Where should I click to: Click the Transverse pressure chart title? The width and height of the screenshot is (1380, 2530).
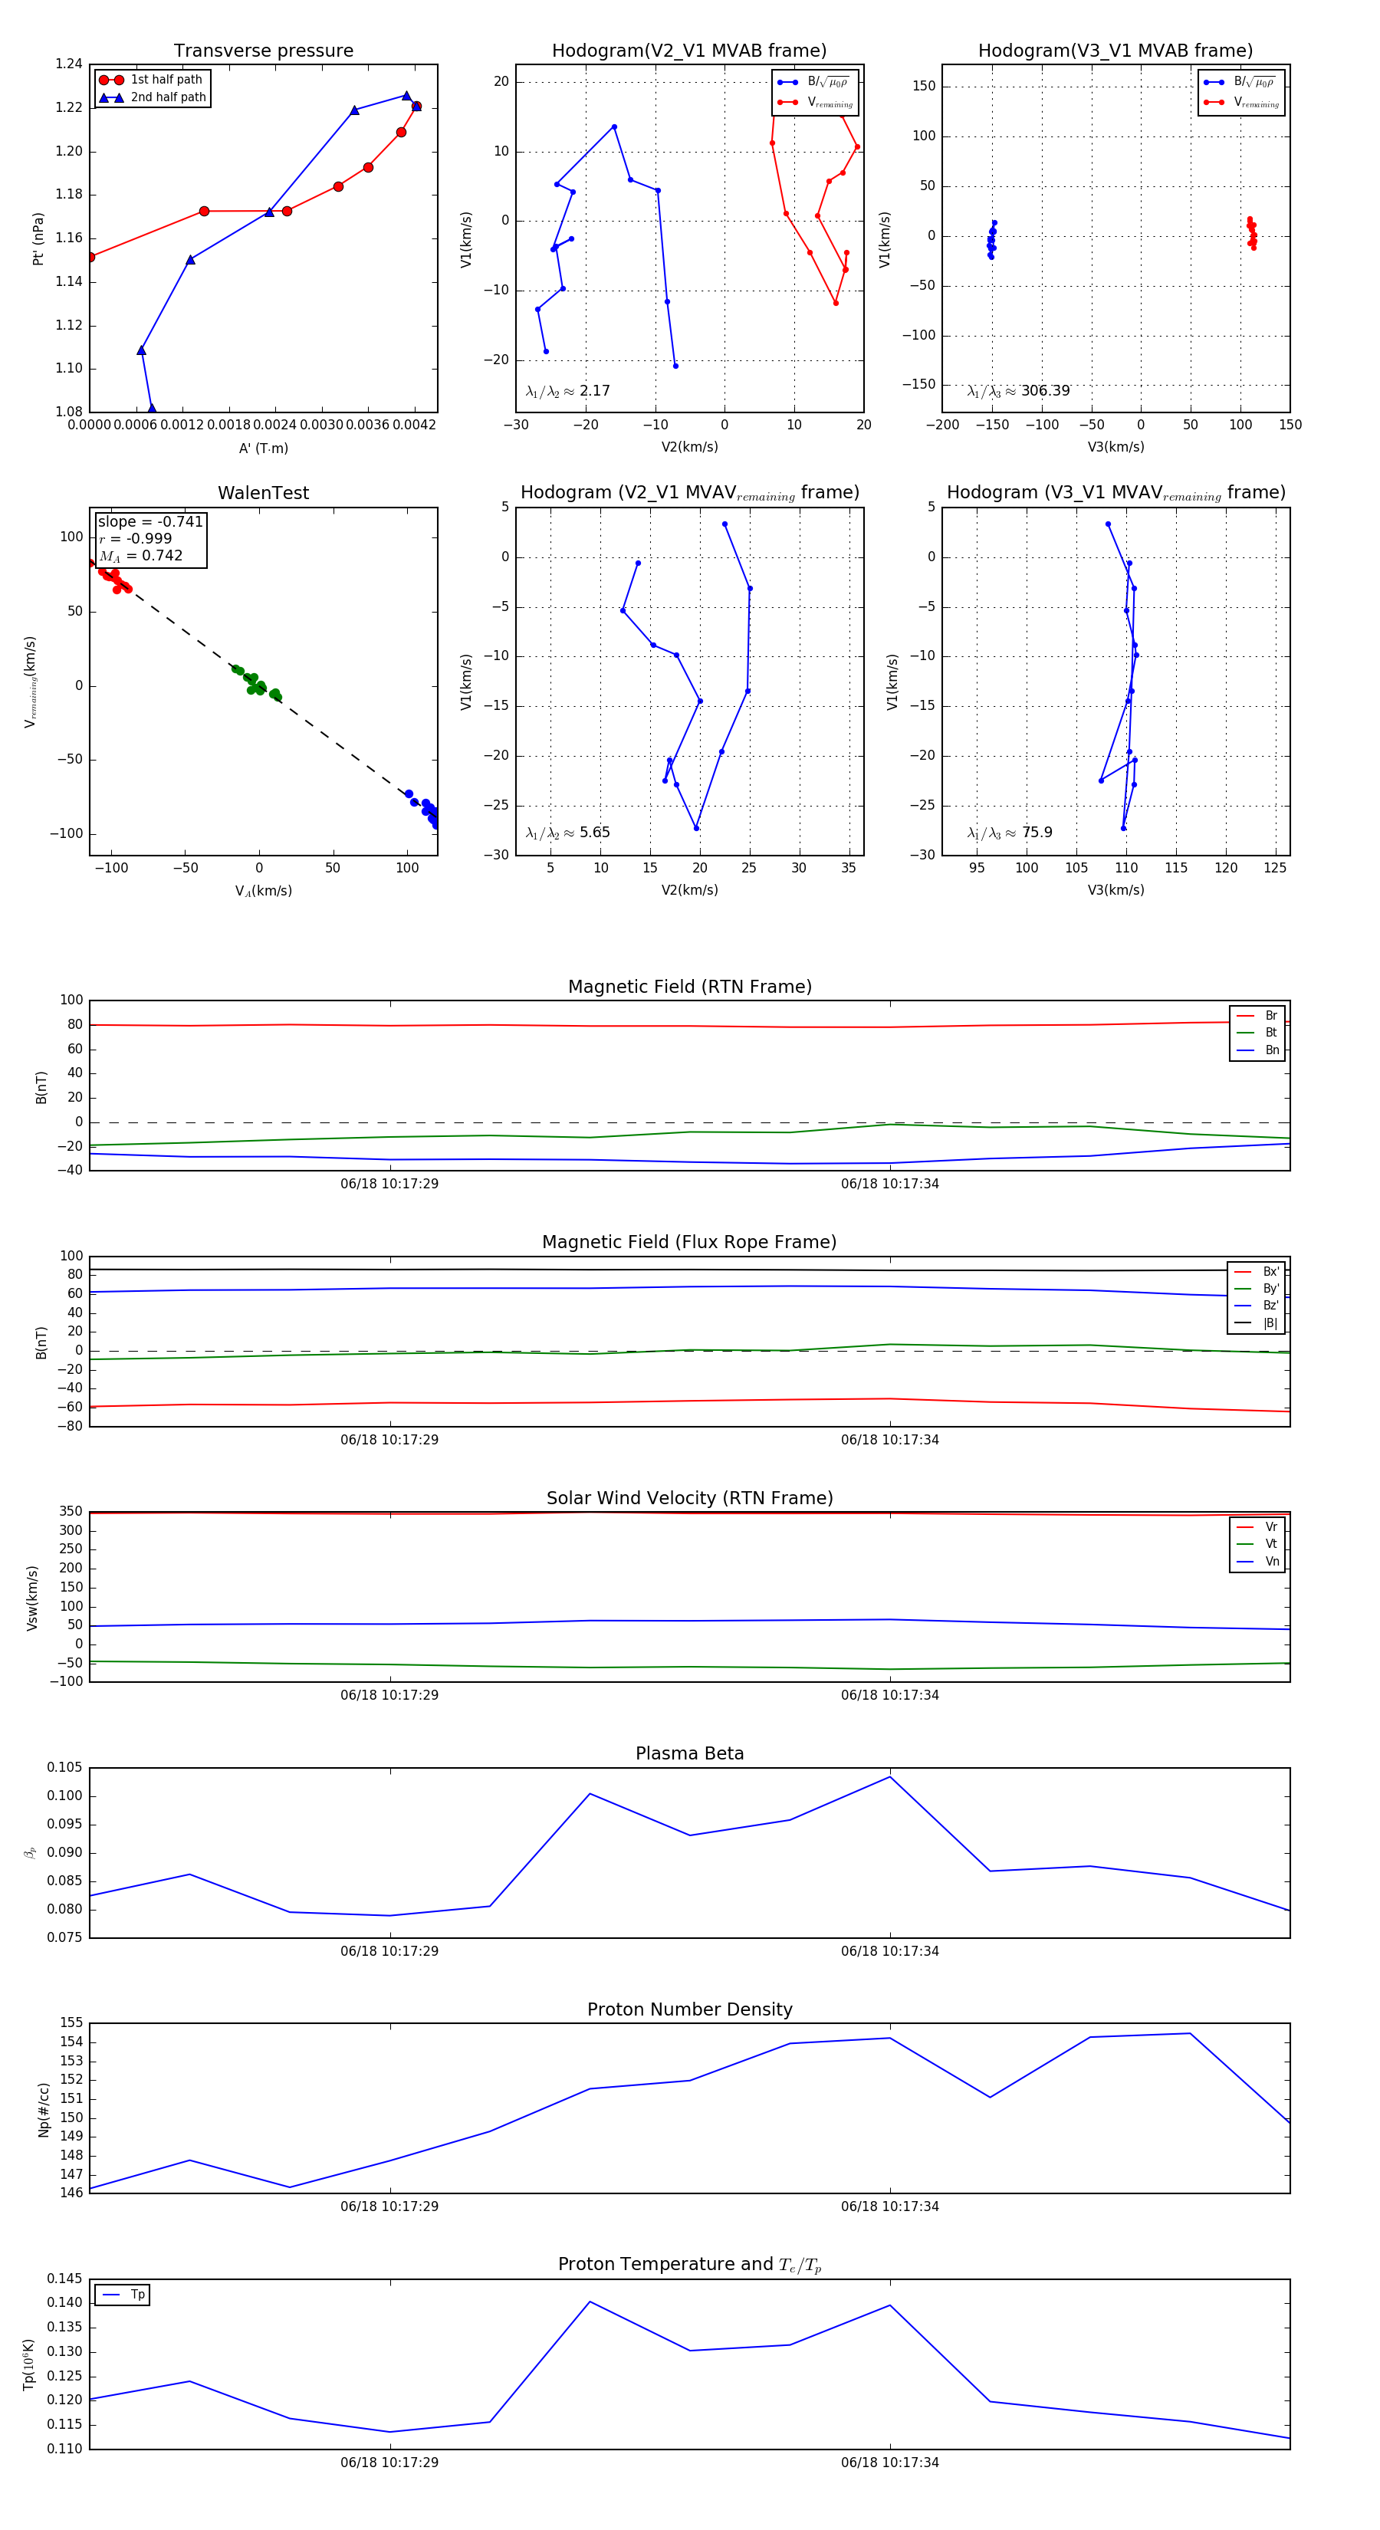263,51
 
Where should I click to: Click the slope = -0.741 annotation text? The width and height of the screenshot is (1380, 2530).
150,521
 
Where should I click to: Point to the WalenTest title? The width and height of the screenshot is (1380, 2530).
263,493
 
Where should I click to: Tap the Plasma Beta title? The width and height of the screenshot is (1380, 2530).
689,1753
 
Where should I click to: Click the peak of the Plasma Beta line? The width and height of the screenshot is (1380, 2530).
890,1776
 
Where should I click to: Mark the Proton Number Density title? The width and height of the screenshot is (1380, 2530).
689,2009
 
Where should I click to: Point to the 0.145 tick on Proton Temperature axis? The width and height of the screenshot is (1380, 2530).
65,2279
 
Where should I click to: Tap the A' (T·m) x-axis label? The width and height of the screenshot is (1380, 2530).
263,448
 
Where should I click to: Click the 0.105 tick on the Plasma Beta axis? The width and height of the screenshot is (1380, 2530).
65,1767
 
